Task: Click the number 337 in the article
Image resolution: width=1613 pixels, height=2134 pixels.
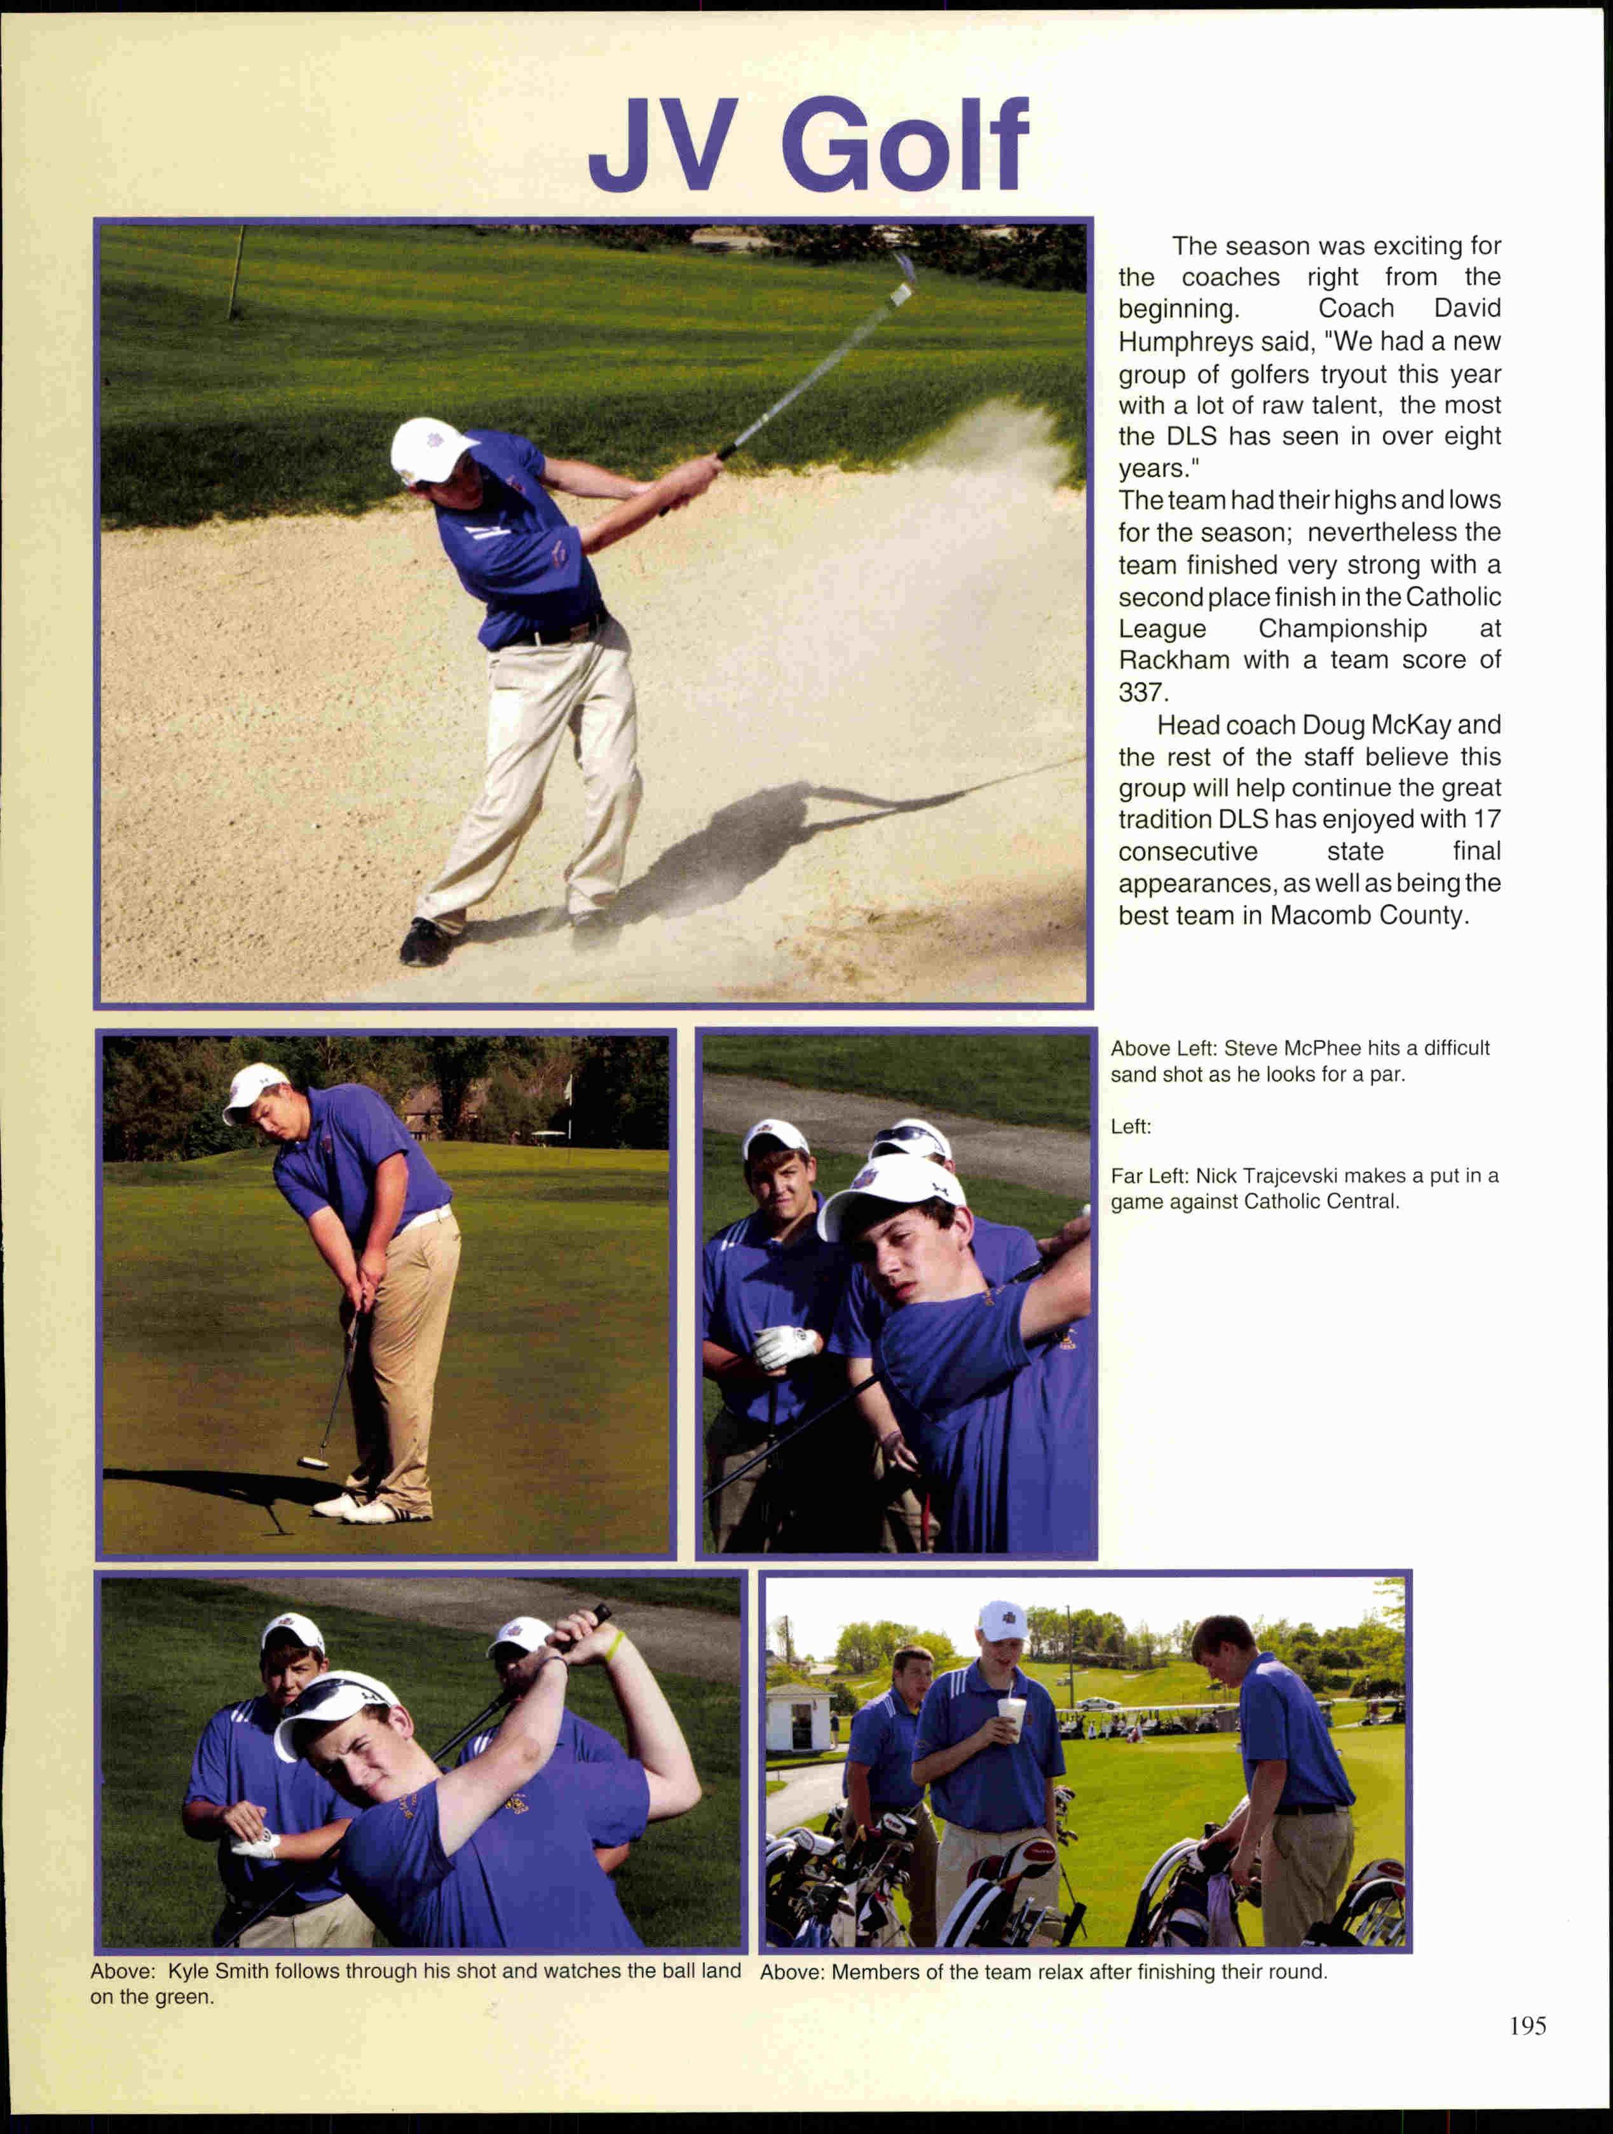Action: [1140, 693]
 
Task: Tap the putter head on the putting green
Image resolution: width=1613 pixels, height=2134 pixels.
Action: [311, 1462]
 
